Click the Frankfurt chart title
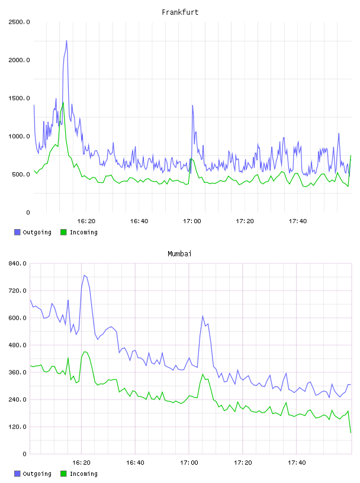click(180, 12)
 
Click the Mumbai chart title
click(179, 254)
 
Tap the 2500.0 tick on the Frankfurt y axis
click(19, 22)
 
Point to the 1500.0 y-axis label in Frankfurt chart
click(19, 98)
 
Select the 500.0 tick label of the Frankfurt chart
click(21, 175)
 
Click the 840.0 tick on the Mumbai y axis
click(17, 263)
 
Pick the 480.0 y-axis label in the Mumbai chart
click(17, 345)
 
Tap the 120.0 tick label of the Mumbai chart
click(17, 427)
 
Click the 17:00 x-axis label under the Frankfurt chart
click(192, 221)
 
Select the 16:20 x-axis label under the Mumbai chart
click(81, 463)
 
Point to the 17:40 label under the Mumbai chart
click(297, 463)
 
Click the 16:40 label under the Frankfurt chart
click(139, 221)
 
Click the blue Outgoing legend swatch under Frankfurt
click(17, 232)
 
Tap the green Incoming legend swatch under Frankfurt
click(63, 232)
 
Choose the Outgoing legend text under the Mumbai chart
click(37, 474)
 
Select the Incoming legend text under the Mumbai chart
click(83, 474)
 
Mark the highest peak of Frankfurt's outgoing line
click(66, 41)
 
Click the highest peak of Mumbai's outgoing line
click(84, 275)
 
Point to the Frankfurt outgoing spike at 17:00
click(192, 105)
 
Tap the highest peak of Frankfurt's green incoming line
click(63, 103)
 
